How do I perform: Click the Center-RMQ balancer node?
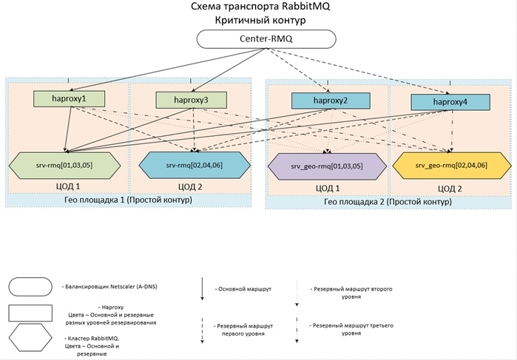coord(266,38)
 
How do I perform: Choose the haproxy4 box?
coord(450,103)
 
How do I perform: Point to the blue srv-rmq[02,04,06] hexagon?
coord(190,161)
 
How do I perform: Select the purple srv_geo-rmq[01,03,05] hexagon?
coord(326,163)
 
